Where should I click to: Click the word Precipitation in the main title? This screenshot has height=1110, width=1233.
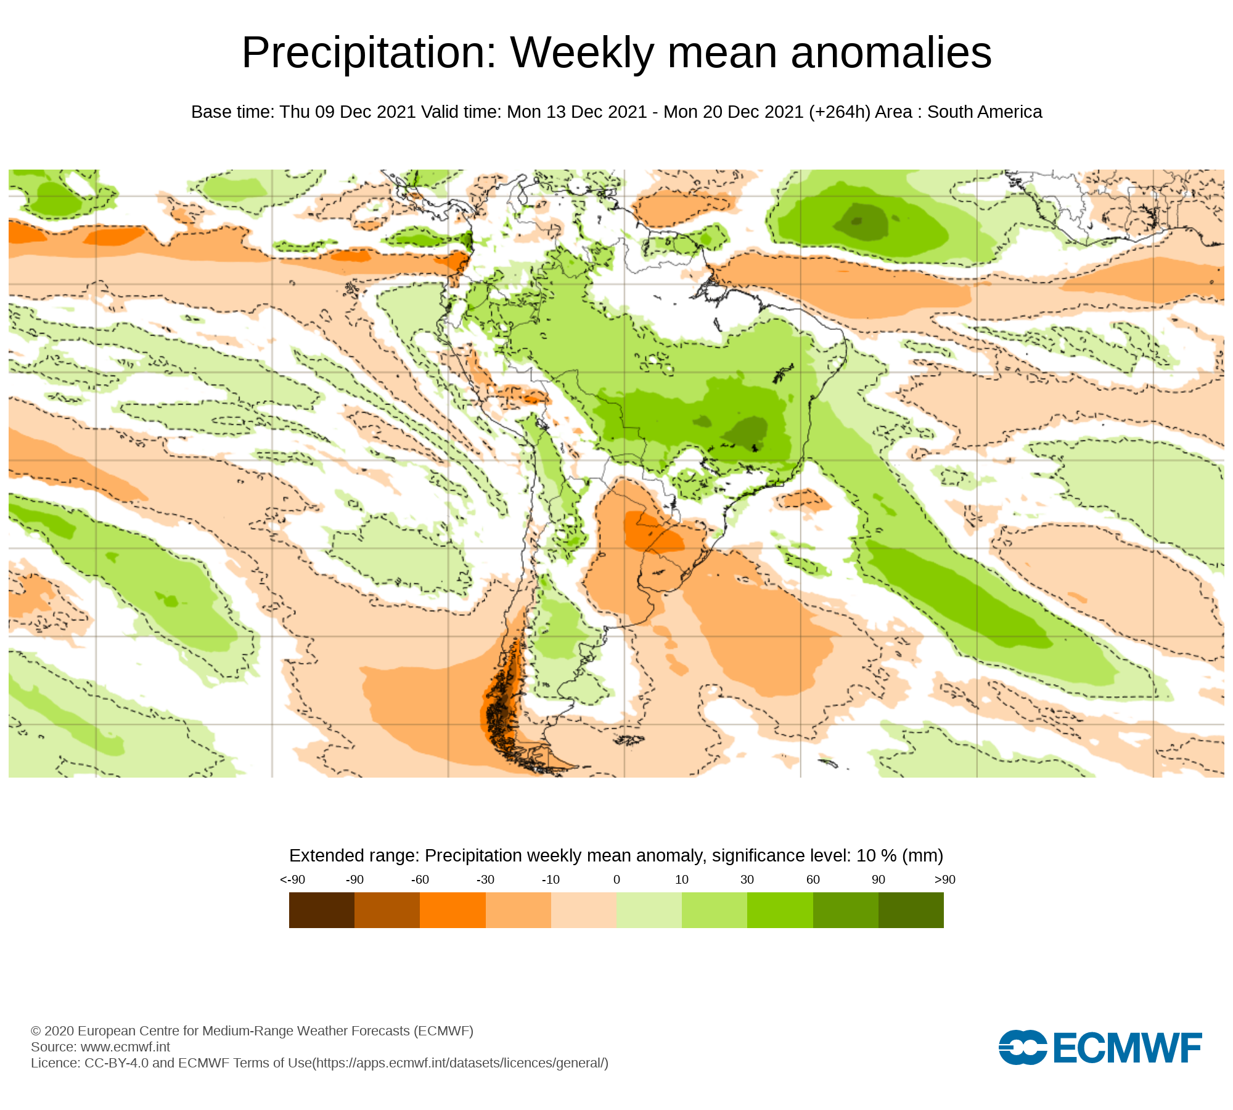(x=369, y=53)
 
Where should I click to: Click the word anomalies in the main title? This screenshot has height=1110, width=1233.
(x=891, y=53)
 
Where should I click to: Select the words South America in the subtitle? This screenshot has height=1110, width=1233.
(x=985, y=112)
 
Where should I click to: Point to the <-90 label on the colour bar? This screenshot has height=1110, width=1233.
(x=292, y=879)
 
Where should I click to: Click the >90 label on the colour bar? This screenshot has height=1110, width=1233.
(x=944, y=879)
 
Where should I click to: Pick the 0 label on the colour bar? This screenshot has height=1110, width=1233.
(x=616, y=879)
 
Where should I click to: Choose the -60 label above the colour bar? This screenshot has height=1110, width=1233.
(x=420, y=879)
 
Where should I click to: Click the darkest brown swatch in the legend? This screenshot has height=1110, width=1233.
(x=321, y=910)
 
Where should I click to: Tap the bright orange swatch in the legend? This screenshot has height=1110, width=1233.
(x=453, y=910)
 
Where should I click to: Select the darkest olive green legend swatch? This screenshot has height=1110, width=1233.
(x=911, y=910)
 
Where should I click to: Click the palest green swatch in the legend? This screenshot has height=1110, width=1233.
(x=649, y=910)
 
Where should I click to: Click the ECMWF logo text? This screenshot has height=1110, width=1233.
(x=1128, y=1048)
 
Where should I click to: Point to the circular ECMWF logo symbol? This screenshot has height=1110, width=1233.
(x=1023, y=1047)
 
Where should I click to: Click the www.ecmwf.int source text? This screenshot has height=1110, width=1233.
(x=125, y=1046)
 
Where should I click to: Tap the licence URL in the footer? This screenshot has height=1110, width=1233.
(x=461, y=1063)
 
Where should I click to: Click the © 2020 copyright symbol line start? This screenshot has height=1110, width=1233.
(x=36, y=1030)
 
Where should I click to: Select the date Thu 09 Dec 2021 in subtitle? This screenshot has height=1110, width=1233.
(x=347, y=112)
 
